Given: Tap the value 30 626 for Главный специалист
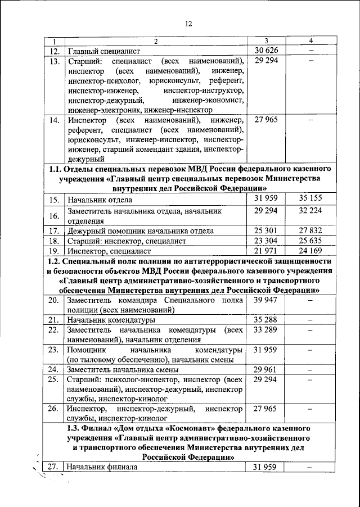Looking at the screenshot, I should click(266, 52).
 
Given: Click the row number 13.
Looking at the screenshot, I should click(54, 62).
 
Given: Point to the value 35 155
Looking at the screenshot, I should click(309, 200).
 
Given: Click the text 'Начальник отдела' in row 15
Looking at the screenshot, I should click(100, 200).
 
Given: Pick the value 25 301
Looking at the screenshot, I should click(266, 230).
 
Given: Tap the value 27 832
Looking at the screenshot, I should click(309, 230).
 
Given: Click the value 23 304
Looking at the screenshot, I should click(266, 241).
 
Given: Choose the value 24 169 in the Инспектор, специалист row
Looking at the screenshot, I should click(309, 251).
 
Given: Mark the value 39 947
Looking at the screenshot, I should click(266, 301).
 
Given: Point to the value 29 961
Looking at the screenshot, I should click(266, 369).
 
